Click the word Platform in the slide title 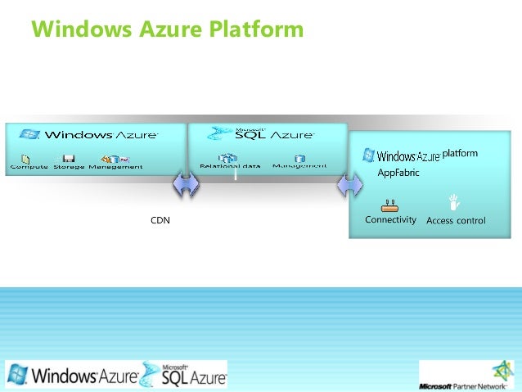pyautogui.click(x=256, y=30)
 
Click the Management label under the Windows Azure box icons pyautogui.click(x=115, y=167)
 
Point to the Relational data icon pyautogui.click(x=227, y=157)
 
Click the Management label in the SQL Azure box pyautogui.click(x=299, y=166)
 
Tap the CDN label pyautogui.click(x=160, y=220)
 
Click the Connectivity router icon pyautogui.click(x=389, y=205)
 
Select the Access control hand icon pyautogui.click(x=454, y=203)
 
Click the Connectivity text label pyautogui.click(x=390, y=220)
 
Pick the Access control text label pyautogui.click(x=456, y=220)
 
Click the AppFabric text pyautogui.click(x=398, y=173)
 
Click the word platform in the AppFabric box pyautogui.click(x=460, y=153)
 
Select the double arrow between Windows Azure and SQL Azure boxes pyautogui.click(x=186, y=185)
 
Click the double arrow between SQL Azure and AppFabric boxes pyautogui.click(x=350, y=185)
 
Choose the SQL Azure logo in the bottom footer pyautogui.click(x=185, y=375)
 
